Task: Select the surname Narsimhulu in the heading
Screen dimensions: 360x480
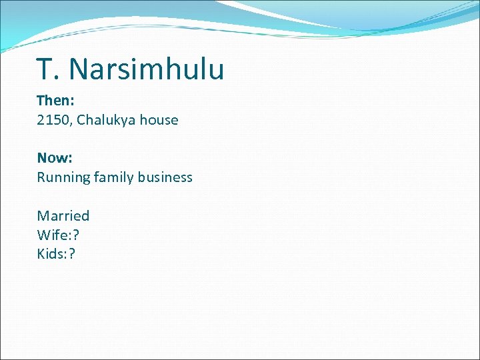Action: (147, 69)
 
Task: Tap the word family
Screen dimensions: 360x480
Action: (113, 177)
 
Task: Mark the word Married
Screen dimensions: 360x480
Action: (63, 216)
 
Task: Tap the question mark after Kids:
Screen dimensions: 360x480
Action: (73, 254)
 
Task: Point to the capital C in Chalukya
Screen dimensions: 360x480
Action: (81, 121)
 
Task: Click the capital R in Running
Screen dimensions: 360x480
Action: (41, 177)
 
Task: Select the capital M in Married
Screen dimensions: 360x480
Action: (43, 216)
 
